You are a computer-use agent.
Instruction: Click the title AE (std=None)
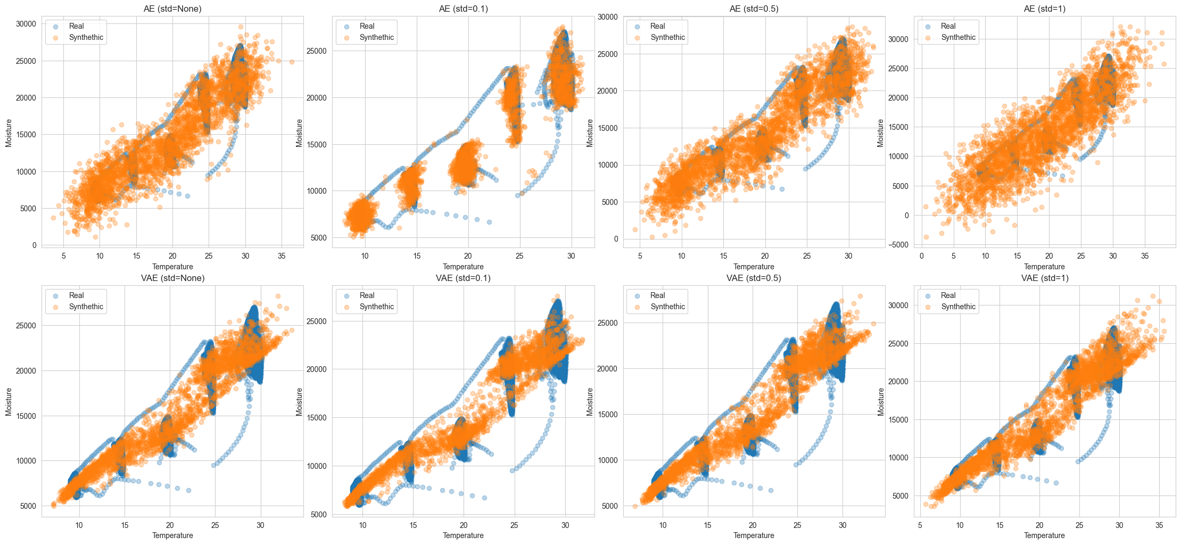point(172,9)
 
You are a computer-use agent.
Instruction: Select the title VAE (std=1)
point(1044,278)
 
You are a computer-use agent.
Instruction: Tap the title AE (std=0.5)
point(754,9)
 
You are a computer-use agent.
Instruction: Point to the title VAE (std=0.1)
point(463,278)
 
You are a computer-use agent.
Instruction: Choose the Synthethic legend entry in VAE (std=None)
point(86,307)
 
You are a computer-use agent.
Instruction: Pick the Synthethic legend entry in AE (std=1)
point(957,37)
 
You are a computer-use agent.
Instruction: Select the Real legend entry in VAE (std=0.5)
point(657,295)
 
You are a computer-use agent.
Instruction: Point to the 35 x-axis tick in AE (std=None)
point(282,256)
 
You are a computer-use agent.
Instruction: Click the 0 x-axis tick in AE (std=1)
point(922,256)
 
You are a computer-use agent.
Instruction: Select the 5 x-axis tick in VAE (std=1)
point(920,525)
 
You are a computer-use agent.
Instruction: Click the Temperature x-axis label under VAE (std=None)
point(172,535)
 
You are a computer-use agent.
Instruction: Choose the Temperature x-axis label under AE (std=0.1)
point(463,267)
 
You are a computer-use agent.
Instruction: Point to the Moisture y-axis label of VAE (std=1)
point(880,402)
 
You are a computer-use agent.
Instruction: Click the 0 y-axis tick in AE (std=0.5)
point(616,239)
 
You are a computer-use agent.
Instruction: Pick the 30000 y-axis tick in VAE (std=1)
point(898,305)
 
